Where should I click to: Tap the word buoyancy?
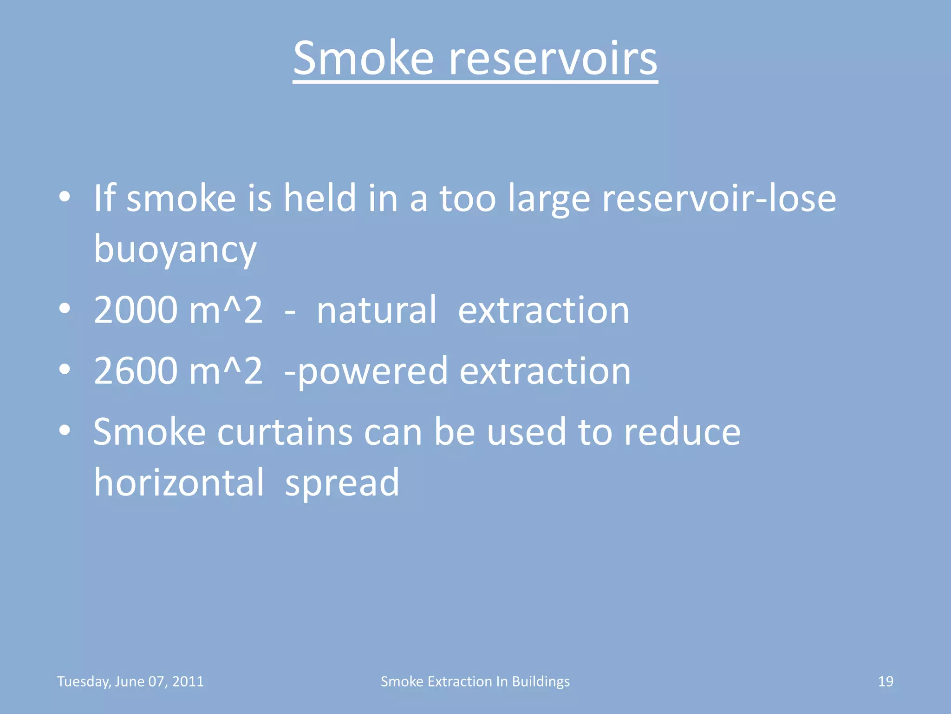[175, 249]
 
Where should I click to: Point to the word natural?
[377, 310]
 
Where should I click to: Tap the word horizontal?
[179, 483]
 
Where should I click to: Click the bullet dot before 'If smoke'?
[65, 197]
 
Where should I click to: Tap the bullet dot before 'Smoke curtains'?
[65, 430]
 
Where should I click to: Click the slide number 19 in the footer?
[886, 681]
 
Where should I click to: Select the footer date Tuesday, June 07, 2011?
[130, 681]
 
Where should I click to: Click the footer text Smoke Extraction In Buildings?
[475, 681]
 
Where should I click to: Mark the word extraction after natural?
[544, 310]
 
